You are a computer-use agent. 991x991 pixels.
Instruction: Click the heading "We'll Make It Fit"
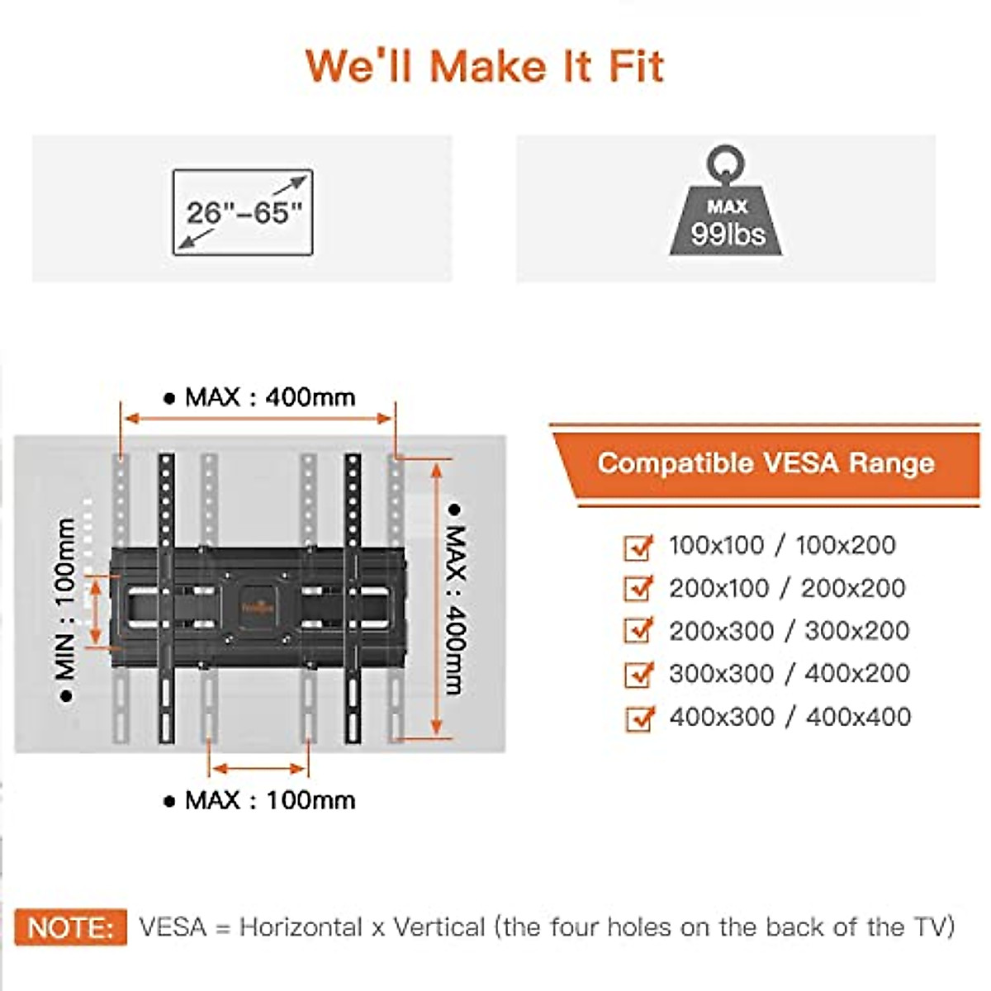485,66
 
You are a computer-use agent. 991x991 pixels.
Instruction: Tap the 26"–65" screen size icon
243,212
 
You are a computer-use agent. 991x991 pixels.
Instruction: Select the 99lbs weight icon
727,206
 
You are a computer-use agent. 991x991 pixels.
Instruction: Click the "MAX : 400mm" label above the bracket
259,397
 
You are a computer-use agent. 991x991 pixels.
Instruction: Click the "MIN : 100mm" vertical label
66,609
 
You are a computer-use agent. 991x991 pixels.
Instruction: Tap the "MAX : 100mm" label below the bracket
259,800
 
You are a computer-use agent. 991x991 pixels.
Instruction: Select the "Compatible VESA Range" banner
766,463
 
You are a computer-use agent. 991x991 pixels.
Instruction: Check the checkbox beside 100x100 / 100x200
638,547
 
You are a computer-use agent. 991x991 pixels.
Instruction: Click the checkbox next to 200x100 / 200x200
638,589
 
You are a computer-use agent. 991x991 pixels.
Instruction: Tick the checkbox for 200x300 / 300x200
638,632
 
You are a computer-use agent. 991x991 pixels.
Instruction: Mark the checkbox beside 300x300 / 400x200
638,675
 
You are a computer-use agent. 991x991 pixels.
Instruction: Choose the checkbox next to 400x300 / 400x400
638,718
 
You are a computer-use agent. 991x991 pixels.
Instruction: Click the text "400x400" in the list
858,717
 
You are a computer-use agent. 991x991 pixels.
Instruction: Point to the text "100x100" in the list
716,545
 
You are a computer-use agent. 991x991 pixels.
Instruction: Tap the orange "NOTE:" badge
71,927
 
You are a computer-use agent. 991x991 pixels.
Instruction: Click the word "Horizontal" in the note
301,927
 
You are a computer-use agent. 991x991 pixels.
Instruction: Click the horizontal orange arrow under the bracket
259,769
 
